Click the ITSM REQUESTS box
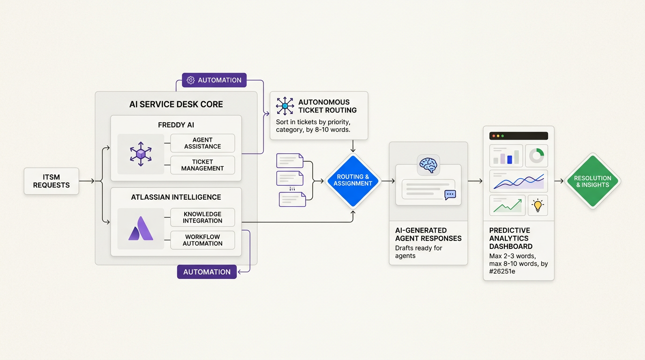click(51, 181)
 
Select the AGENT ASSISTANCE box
click(202, 143)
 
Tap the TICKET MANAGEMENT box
click(202, 165)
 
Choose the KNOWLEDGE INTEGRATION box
click(202, 217)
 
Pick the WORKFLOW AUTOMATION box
click(202, 240)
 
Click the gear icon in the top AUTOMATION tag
click(190, 80)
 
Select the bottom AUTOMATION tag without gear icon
click(207, 272)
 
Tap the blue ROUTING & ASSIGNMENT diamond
click(352, 180)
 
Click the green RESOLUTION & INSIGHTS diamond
click(592, 181)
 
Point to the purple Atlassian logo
click(141, 229)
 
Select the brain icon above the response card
click(428, 165)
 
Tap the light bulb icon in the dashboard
click(538, 205)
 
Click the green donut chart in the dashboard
click(537, 156)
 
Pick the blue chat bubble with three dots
click(450, 195)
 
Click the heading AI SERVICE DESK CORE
click(176, 105)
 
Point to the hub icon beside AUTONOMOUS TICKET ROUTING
click(285, 106)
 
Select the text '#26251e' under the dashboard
click(502, 271)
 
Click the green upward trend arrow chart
click(507, 205)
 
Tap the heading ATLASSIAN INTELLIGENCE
click(176, 197)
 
